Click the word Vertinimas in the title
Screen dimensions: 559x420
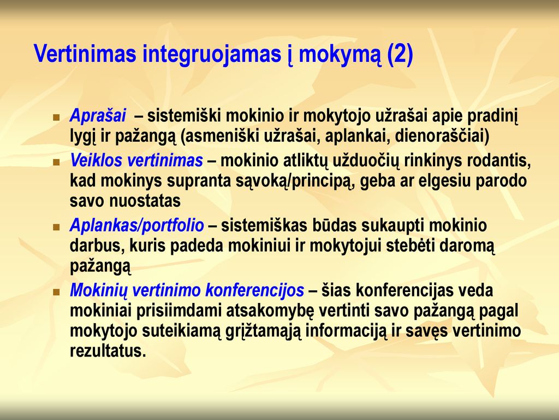point(85,54)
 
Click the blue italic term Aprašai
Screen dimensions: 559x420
point(98,115)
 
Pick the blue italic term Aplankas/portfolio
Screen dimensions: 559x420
point(137,226)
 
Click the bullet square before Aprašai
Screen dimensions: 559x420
point(56,117)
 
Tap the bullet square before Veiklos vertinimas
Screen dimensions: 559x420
point(56,162)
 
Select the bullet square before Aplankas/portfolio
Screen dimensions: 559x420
point(56,227)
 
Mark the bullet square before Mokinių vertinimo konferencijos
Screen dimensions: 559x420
point(56,292)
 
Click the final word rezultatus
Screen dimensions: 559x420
point(108,351)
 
